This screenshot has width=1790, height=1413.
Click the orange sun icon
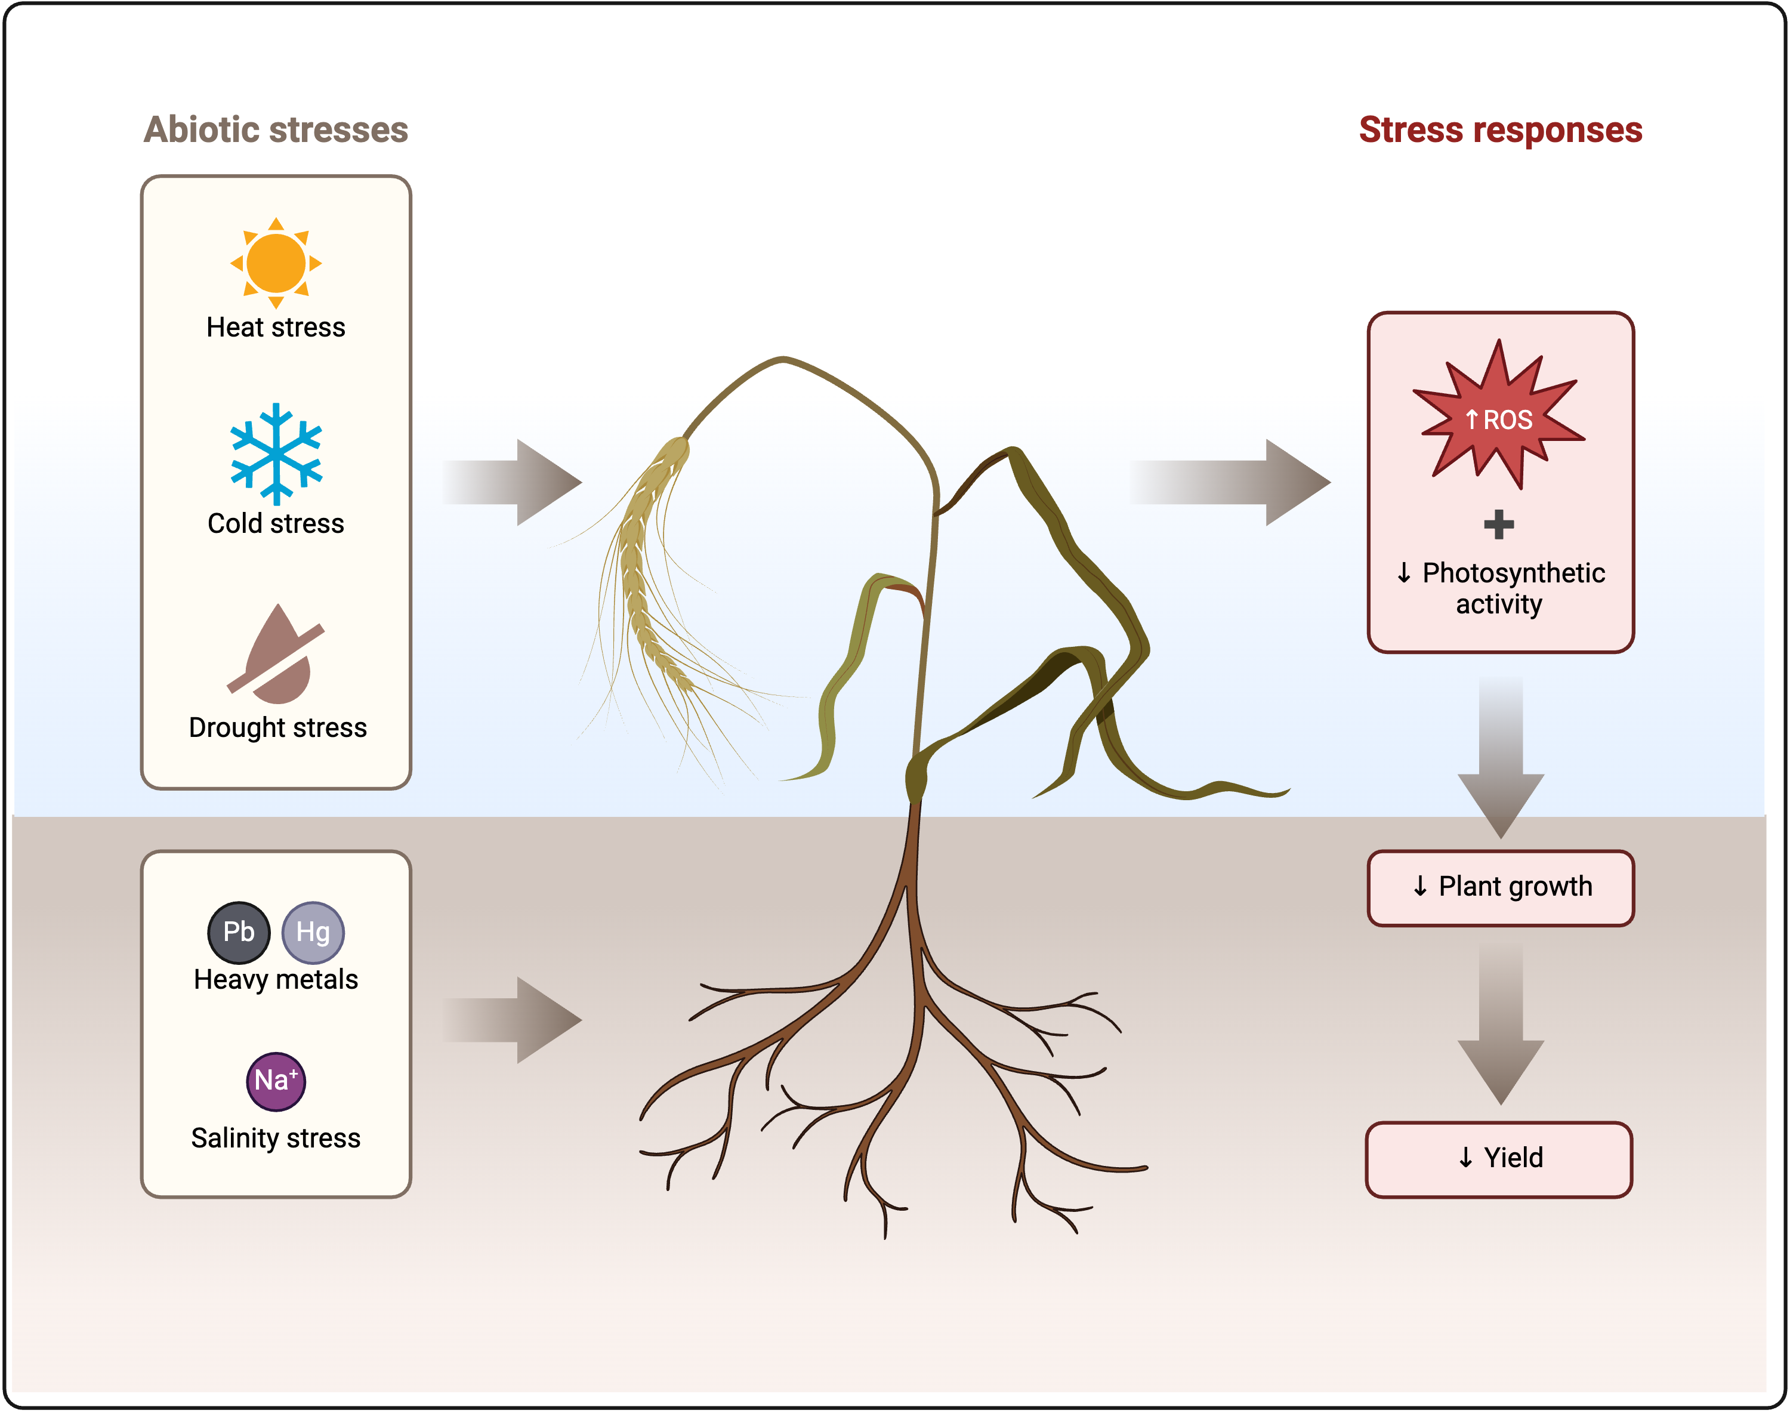[x=276, y=263]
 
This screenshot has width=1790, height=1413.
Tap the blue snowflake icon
[x=276, y=453]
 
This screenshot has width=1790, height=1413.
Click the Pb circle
[x=239, y=932]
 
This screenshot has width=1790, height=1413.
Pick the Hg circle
[x=313, y=932]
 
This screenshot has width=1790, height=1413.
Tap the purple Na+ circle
[x=276, y=1081]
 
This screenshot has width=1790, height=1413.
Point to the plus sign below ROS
[x=1498, y=525]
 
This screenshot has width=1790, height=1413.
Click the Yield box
[x=1499, y=1158]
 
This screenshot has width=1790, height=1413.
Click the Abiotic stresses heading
[x=276, y=130]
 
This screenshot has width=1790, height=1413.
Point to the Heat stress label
[x=276, y=328]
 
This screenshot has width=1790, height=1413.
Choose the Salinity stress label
[x=276, y=1139]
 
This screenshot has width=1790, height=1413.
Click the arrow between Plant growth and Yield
[x=1501, y=1026]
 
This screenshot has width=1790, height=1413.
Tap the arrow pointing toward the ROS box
[x=1233, y=482]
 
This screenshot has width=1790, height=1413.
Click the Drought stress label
[x=278, y=728]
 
